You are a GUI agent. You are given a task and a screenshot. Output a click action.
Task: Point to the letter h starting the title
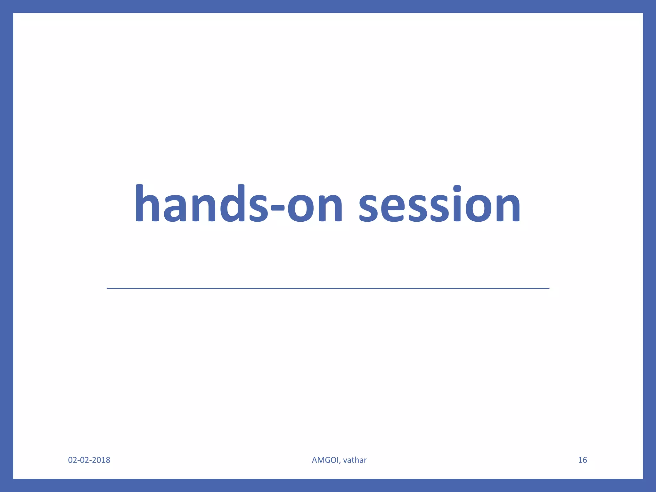click(x=147, y=203)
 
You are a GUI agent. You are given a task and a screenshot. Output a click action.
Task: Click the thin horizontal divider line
click(x=328, y=289)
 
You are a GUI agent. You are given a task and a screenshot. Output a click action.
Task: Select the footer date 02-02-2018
click(x=89, y=460)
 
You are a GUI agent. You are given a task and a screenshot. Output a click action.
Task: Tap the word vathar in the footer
click(x=355, y=460)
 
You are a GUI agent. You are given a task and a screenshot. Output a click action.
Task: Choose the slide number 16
click(x=582, y=460)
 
